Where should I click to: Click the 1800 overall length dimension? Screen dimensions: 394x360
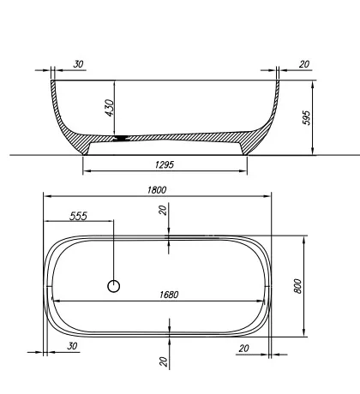[156, 189]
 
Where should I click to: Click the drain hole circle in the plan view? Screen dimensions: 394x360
[113, 286]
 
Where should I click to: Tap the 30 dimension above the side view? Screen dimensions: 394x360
[78, 64]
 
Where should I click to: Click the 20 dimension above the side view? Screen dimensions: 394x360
[303, 64]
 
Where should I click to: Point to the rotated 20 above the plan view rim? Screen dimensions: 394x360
[164, 210]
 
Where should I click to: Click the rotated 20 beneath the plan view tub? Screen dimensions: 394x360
[164, 361]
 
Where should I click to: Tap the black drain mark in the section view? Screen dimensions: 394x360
[125, 137]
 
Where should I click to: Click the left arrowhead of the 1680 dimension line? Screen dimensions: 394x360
[57, 300]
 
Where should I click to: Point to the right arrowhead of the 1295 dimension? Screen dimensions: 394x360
[245, 170]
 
